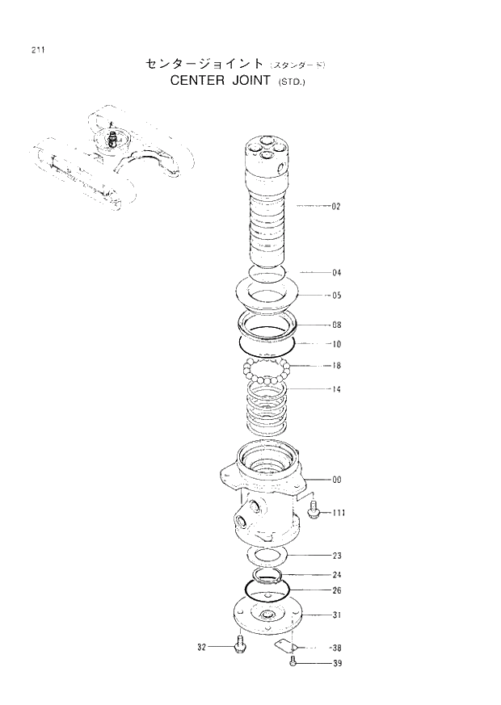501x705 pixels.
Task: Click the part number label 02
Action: tap(336, 207)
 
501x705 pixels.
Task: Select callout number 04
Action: tap(336, 272)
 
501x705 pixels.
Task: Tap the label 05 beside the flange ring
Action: tap(336, 296)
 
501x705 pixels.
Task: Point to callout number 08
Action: tap(336, 325)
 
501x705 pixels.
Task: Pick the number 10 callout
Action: tap(336, 344)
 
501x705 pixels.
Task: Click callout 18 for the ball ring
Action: tap(336, 366)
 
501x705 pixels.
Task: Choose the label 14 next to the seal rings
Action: tap(336, 389)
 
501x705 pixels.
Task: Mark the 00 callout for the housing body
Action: tap(336, 480)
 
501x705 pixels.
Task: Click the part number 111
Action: tap(339, 512)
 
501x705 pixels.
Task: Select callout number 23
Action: tap(336, 556)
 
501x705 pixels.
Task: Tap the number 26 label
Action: tap(336, 590)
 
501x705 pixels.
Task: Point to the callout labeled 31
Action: tap(336, 615)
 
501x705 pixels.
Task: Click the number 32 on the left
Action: tap(202, 647)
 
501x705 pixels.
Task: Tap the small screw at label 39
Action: tap(293, 664)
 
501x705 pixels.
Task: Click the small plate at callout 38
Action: tap(284, 644)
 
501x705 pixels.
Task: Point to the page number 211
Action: tap(38, 50)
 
